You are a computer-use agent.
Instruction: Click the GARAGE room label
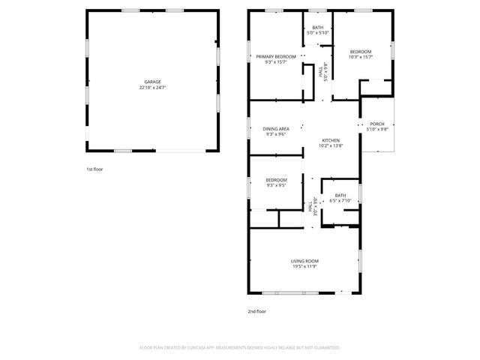click(152, 82)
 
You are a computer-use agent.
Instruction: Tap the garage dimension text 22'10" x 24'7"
click(152, 88)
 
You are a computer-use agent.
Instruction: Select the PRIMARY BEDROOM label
click(275, 56)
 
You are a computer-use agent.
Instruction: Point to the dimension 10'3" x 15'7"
click(361, 57)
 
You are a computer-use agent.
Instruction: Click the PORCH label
click(376, 124)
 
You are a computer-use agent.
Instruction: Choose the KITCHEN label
click(331, 140)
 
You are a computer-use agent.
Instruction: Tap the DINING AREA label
click(276, 129)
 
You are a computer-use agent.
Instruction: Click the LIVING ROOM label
click(305, 260)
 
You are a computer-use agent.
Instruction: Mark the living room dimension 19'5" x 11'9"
click(305, 266)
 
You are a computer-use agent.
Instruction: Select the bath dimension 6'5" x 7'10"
click(340, 201)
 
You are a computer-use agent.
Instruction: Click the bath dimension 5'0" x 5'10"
click(318, 33)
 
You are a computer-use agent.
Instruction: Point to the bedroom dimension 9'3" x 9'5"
click(276, 185)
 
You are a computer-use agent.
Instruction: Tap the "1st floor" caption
click(94, 169)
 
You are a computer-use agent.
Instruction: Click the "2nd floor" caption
click(256, 311)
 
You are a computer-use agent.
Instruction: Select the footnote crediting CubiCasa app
click(240, 348)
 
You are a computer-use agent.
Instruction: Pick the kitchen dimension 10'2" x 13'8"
click(331, 146)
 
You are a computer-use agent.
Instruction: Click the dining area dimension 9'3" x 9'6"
click(276, 135)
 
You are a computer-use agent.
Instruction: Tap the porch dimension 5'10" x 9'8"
click(376, 130)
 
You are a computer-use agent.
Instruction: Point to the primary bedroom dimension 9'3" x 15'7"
click(275, 62)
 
